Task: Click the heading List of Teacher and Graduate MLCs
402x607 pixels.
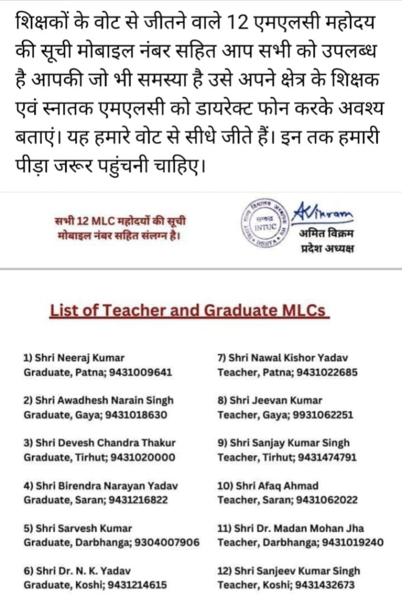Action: coord(189,311)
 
